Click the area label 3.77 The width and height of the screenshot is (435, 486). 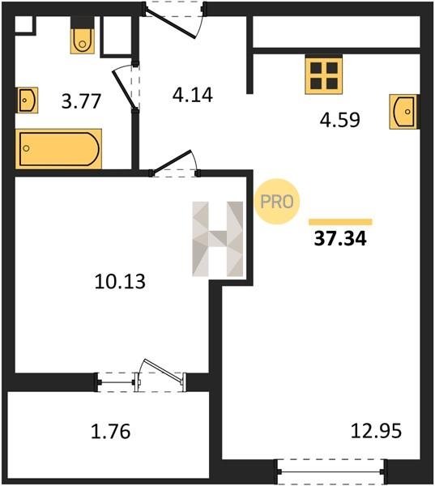point(81,101)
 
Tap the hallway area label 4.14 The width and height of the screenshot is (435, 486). point(193,95)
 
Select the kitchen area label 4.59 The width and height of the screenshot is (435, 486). point(339,120)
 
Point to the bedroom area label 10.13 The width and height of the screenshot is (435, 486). point(120,282)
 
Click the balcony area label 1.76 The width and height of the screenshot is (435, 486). point(110,432)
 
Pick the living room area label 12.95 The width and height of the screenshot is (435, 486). point(376,431)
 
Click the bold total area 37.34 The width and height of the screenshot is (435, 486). point(340,239)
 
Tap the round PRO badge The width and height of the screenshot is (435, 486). point(277,202)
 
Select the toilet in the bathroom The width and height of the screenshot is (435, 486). point(82,36)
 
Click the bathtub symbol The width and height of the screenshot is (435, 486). point(58,149)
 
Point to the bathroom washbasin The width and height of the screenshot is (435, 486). point(28,100)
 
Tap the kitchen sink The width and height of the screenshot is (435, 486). point(404,112)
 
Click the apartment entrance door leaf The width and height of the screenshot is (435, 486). point(171,24)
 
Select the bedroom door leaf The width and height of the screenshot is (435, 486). point(172,161)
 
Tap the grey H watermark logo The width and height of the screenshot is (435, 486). point(217,239)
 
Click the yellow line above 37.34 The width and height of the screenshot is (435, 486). point(340,222)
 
